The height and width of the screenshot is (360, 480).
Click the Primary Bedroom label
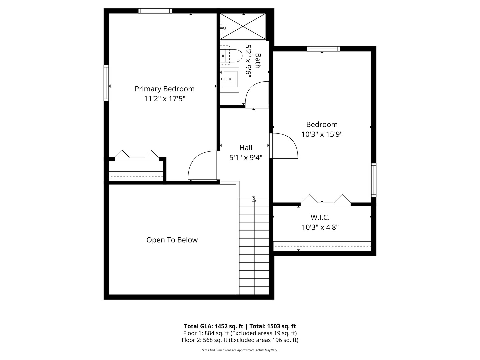coord(164,89)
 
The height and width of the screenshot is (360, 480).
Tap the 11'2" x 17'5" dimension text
coord(164,99)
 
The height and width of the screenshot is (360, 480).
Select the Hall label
coord(246,148)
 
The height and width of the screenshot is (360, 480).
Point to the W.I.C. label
coord(320,217)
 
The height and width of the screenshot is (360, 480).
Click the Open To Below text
coord(172,240)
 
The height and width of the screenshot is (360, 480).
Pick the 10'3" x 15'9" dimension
coord(322,134)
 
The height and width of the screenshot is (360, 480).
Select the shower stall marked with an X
coord(243,26)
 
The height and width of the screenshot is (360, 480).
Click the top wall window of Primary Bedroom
coord(155,11)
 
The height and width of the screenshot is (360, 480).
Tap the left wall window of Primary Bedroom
coord(106,83)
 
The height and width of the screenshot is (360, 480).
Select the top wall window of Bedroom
coord(323,49)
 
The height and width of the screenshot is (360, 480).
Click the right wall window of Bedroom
coord(374,180)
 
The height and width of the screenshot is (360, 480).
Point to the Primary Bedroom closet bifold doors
coord(137,156)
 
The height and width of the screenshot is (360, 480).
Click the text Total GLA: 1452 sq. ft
coord(214,326)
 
